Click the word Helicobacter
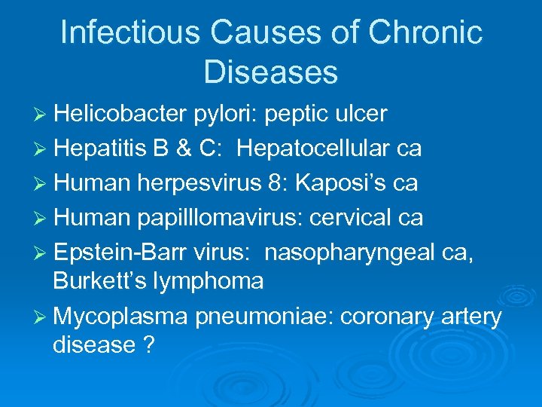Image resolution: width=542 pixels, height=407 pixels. click(120, 114)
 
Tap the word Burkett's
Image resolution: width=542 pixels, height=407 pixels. click(98, 281)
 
